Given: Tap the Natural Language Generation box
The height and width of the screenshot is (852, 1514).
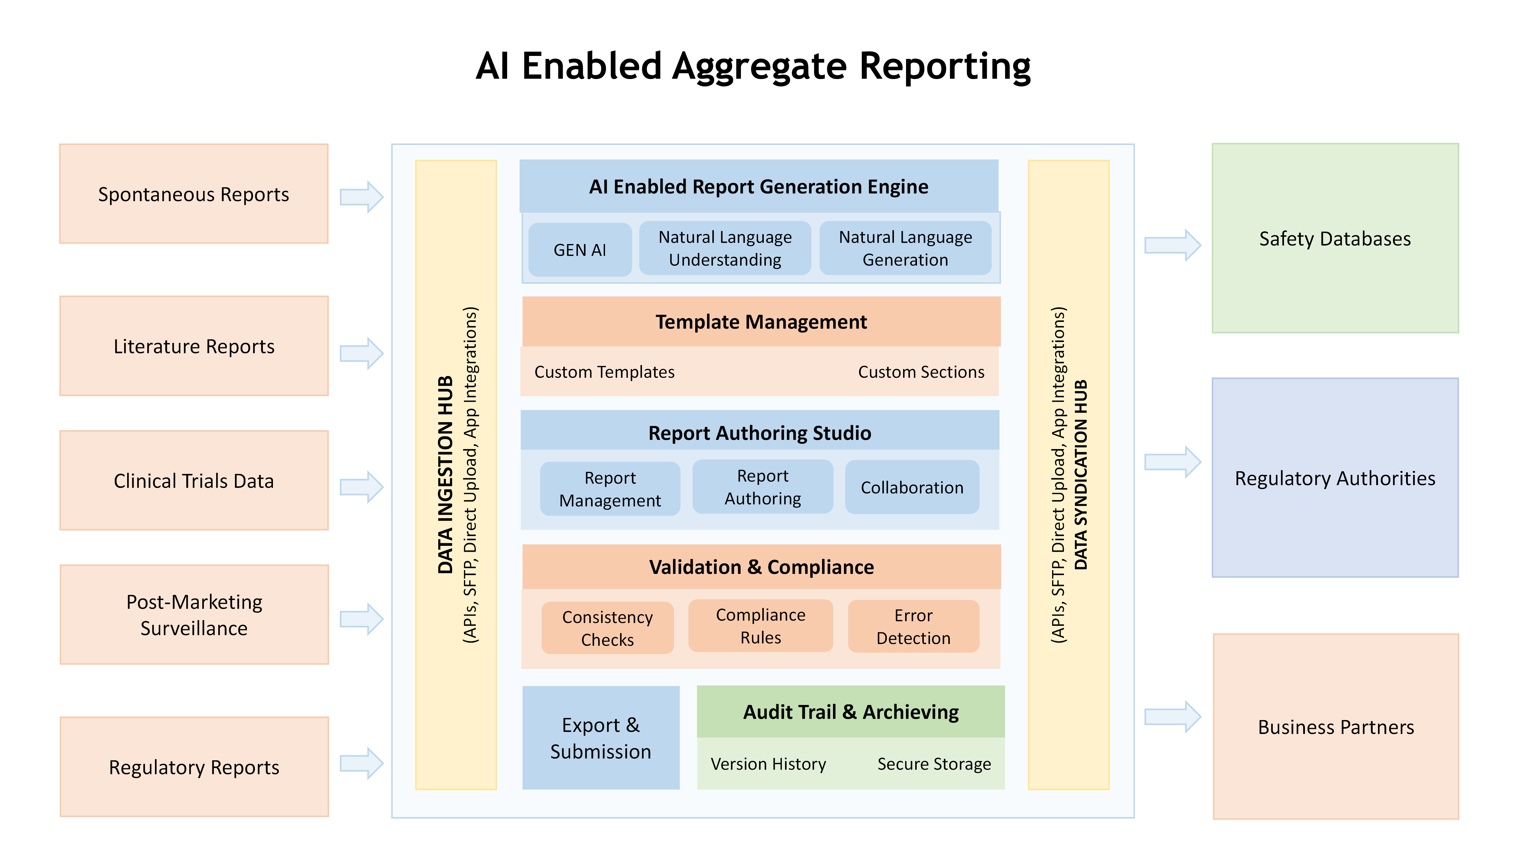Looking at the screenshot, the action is pos(905,248).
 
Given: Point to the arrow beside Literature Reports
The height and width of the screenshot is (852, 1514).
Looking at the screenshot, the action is pos(361,354).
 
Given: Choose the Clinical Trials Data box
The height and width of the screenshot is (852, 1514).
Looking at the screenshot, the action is pos(194,480).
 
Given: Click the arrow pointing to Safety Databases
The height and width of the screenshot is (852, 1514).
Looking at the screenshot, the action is pos(1172,245).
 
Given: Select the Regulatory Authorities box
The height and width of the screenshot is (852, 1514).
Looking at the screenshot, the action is pos(1335,477).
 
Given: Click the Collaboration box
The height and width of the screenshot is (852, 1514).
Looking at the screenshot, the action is pos(912,487).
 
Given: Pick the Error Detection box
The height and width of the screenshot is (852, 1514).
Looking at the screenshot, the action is pos(913,626).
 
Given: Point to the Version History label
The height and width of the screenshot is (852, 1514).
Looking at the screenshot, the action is pos(768,764).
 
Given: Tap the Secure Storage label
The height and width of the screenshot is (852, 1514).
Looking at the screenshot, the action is pos(934,764).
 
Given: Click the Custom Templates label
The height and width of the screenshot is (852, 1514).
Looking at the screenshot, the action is pos(604,372).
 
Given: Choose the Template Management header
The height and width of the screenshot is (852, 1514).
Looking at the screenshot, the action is pos(761,322).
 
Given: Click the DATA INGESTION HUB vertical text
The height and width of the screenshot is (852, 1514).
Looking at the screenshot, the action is pos(446,475).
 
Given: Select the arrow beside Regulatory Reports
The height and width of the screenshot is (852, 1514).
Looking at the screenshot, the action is pos(361,763).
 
